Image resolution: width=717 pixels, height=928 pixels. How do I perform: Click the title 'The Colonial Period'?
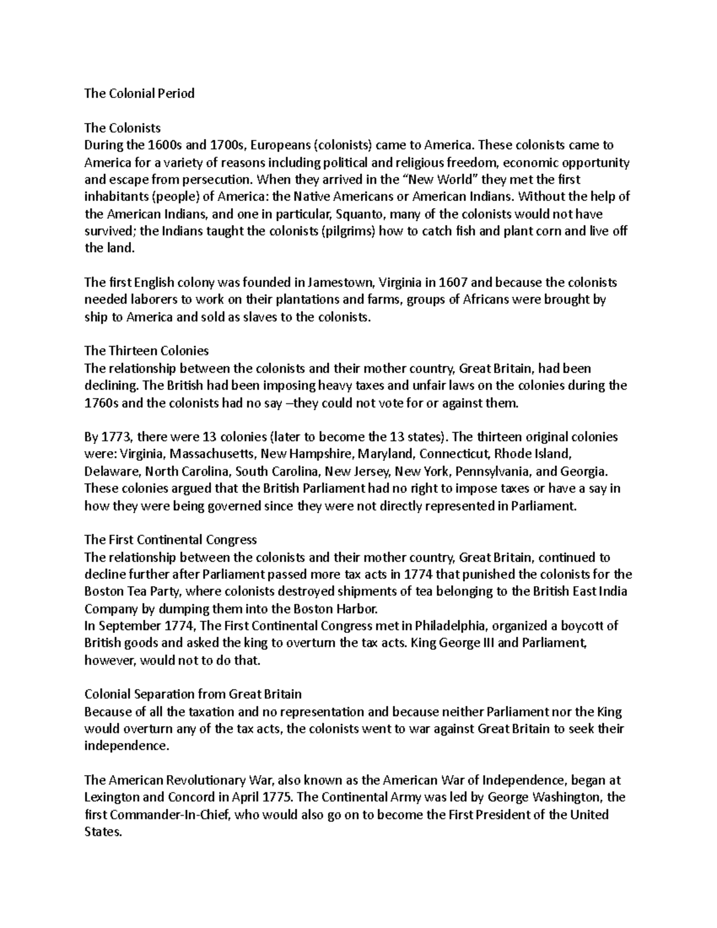139,93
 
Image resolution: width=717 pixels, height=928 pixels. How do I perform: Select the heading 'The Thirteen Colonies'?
146,351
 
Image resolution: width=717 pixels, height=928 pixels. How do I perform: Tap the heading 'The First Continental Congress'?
170,540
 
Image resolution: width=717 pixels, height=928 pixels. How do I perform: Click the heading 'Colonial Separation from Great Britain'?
193,694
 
